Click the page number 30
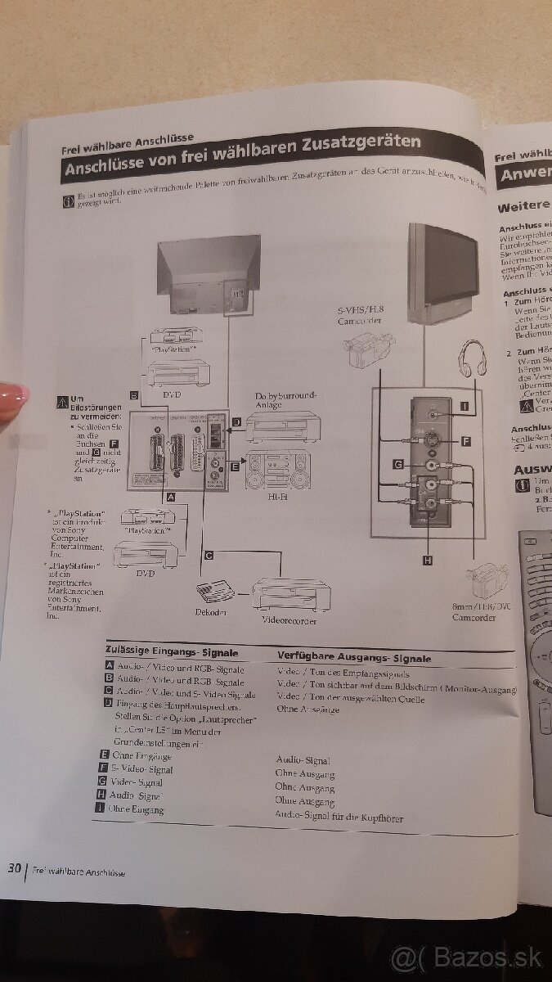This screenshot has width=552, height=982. tap(14, 868)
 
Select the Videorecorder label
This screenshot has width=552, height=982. tap(289, 620)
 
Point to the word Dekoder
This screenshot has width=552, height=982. tap(211, 612)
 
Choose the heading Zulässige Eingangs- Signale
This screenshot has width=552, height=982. tap(173, 653)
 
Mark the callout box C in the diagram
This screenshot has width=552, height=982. tap(209, 556)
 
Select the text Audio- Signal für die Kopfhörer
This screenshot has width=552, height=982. tap(339, 818)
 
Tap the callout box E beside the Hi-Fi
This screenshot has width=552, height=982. tap(235, 467)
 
